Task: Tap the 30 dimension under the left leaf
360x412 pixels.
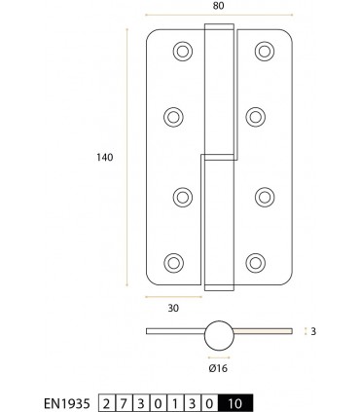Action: tap(174, 308)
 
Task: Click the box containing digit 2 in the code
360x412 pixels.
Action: tap(106, 399)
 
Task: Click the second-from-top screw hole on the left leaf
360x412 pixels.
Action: tap(175, 116)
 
